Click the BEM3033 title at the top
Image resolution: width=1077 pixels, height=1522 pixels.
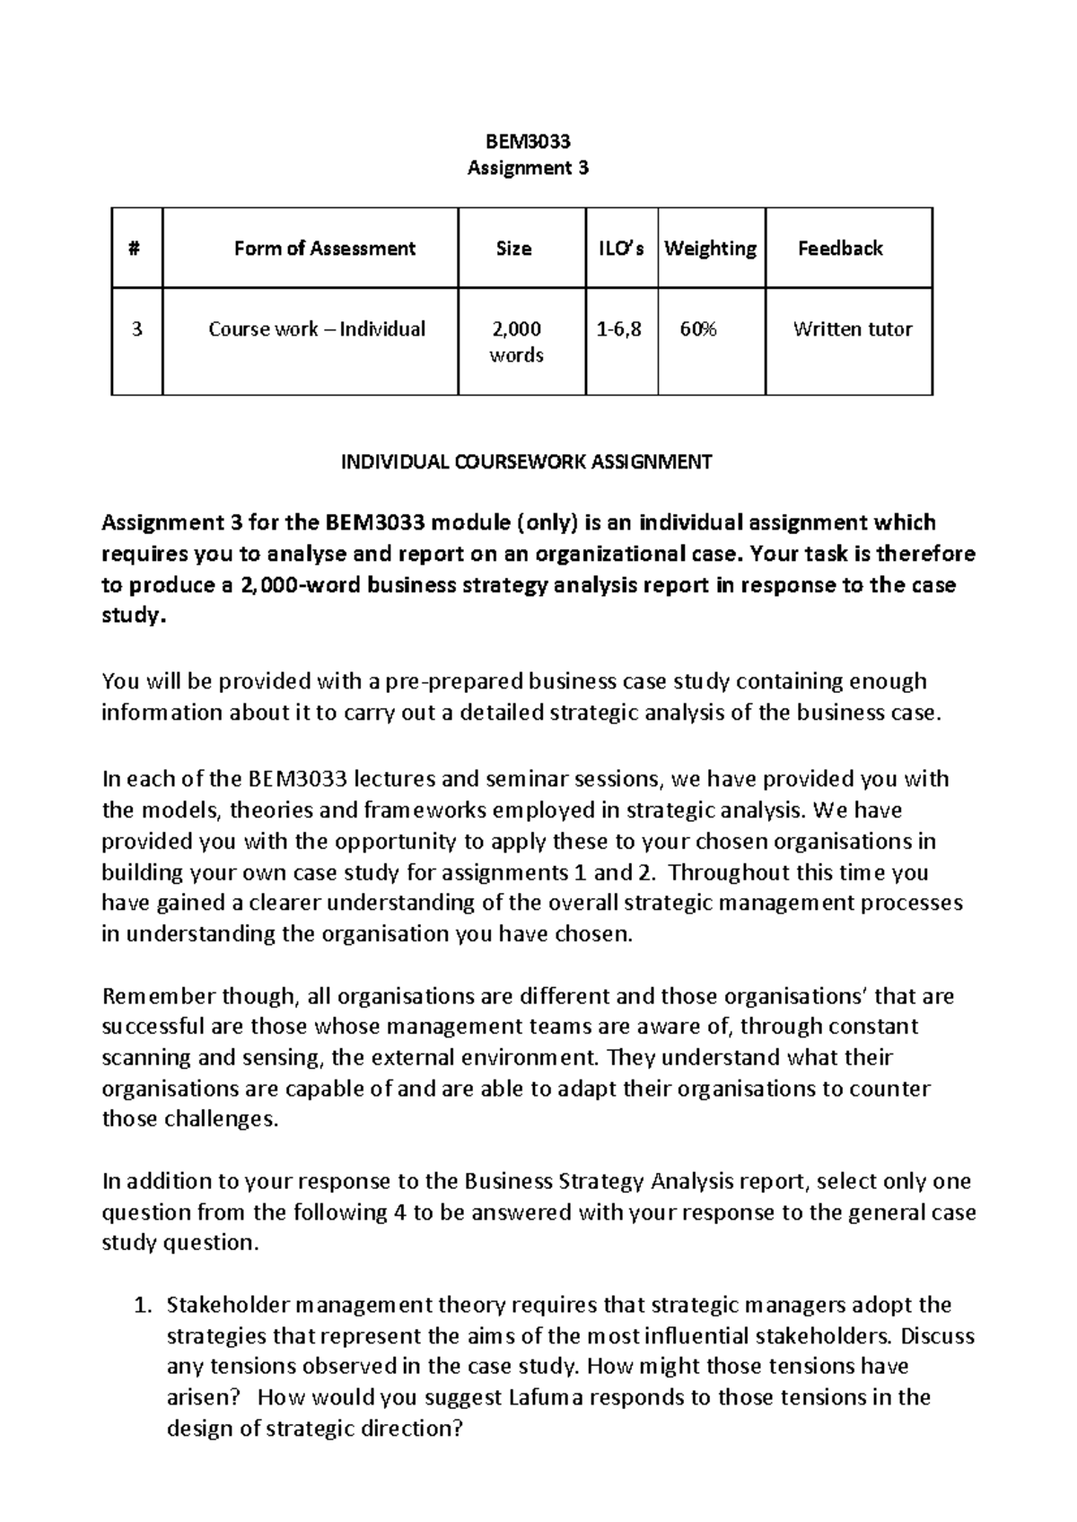[x=528, y=141]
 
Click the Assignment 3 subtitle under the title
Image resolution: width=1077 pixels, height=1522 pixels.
[x=528, y=168]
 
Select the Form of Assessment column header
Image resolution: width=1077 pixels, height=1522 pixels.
[x=324, y=249]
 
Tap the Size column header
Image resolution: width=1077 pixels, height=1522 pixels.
[x=513, y=249]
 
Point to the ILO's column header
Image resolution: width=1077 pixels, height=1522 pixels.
[x=621, y=249]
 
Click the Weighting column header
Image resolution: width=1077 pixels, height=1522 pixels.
[x=710, y=249]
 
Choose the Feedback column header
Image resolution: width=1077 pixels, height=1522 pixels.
[x=840, y=249]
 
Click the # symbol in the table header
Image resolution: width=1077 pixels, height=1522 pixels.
[x=136, y=249]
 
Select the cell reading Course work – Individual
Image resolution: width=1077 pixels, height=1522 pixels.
[x=317, y=329]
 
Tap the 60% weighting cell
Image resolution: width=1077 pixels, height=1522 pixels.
[x=698, y=329]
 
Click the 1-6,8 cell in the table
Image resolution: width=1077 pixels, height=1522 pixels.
[x=619, y=329]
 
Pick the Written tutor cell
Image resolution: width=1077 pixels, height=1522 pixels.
[x=852, y=329]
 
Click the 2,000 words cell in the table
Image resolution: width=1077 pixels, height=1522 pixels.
[x=516, y=342]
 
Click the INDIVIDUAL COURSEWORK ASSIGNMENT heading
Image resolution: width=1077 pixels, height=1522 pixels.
[x=526, y=462]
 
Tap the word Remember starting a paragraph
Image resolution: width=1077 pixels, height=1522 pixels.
[x=146, y=996]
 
